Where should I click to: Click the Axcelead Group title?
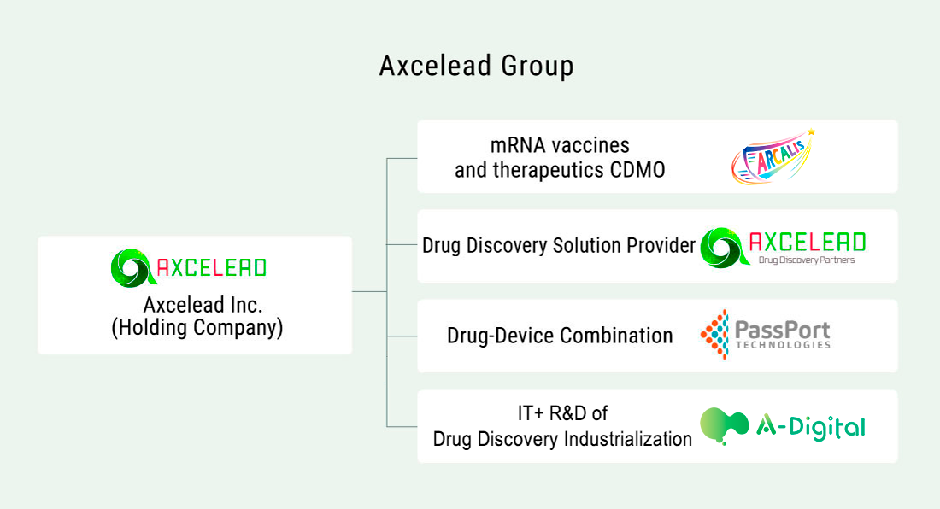click(477, 66)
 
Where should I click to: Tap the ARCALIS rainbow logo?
click(773, 157)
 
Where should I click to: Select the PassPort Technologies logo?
click(766, 335)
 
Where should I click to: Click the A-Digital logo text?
click(810, 427)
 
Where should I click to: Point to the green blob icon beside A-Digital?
click(724, 426)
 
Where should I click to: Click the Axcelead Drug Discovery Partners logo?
click(783, 248)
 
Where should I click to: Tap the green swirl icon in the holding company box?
click(133, 268)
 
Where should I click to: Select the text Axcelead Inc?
click(203, 305)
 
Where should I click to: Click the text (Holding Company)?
click(197, 328)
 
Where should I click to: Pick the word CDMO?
click(637, 170)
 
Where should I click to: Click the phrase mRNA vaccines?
click(560, 145)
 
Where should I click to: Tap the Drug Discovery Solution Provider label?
click(559, 245)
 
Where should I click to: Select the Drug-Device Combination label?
click(560, 336)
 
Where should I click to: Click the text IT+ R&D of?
click(562, 413)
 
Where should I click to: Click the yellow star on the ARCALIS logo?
click(811, 132)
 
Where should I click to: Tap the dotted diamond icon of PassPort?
click(714, 335)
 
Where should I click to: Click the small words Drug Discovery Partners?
click(807, 260)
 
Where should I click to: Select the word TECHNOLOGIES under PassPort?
click(783, 345)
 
